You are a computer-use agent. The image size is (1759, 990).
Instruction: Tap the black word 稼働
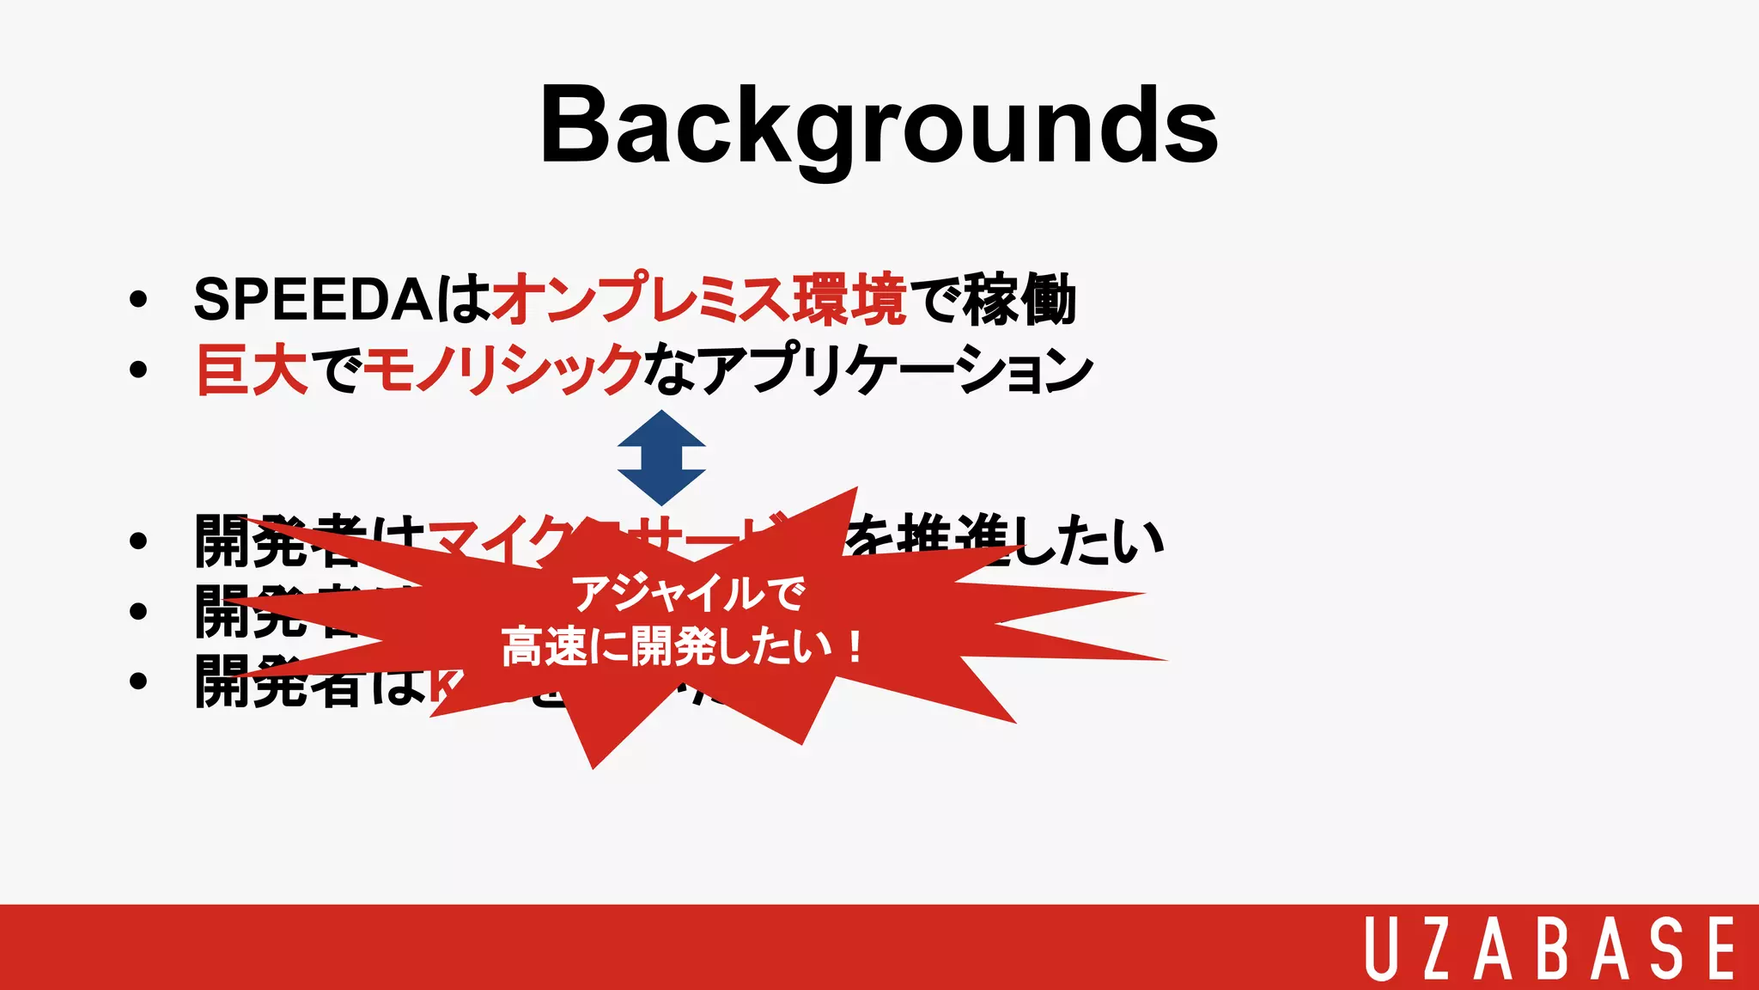(x=1019, y=300)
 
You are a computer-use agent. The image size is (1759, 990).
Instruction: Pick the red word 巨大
(x=252, y=370)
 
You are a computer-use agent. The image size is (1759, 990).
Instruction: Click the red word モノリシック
(x=502, y=370)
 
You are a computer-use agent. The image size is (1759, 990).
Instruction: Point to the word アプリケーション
(x=893, y=370)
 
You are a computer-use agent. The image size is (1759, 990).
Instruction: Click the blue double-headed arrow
(x=661, y=457)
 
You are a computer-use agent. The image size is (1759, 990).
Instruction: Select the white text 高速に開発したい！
(x=683, y=646)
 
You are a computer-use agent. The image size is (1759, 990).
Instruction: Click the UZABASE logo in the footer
(x=1550, y=948)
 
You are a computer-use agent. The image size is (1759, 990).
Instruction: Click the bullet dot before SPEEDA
(x=138, y=301)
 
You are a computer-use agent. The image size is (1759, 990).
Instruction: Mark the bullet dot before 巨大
(x=138, y=370)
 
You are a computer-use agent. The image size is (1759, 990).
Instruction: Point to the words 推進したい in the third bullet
(x=1031, y=540)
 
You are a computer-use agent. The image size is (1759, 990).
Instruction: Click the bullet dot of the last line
(x=138, y=681)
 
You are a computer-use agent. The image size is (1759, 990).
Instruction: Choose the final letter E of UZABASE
(x=1720, y=948)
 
